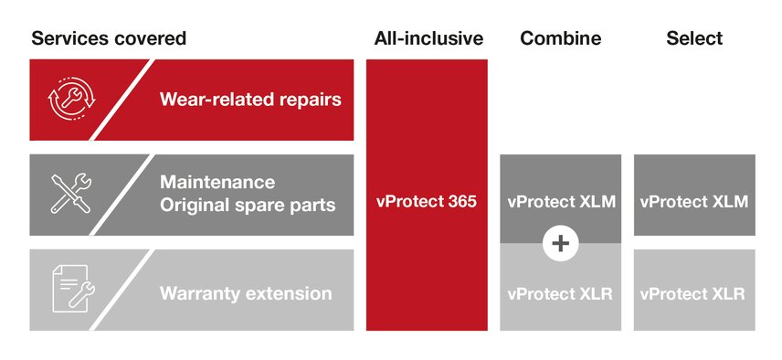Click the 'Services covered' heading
click(109, 38)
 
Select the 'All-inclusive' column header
click(428, 38)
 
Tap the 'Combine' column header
click(561, 38)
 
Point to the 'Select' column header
click(694, 38)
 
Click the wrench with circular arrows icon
click(71, 100)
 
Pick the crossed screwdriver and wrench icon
click(71, 194)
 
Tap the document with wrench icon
click(74, 289)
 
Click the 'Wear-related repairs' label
click(250, 100)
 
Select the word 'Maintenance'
click(217, 182)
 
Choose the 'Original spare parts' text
click(248, 206)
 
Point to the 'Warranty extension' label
click(246, 293)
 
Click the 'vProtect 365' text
click(427, 202)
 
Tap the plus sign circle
click(561, 243)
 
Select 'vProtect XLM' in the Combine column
click(561, 202)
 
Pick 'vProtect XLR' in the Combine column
click(560, 293)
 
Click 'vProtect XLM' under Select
click(694, 202)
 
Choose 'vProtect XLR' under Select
click(692, 293)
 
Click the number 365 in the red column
click(461, 202)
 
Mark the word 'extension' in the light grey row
click(288, 293)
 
